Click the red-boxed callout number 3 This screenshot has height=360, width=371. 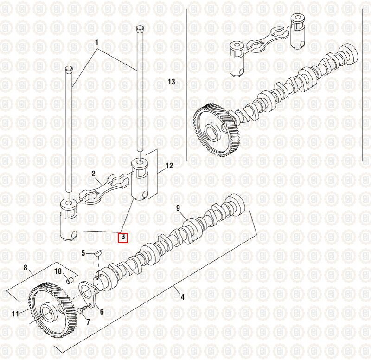pos(123,237)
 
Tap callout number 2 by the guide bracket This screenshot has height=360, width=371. pos(93,174)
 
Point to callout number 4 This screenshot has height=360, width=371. pos(182,297)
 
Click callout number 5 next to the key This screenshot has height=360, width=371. pos(83,253)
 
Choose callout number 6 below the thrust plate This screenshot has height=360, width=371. pos(102,312)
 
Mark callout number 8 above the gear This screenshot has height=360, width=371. pos(26,267)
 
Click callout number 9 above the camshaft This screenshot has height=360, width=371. pos(178,208)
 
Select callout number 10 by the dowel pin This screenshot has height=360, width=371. pos(58,271)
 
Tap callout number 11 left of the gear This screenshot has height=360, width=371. pos(16,314)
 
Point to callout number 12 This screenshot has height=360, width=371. pos(168,166)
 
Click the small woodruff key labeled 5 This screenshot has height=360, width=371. pos(97,253)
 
